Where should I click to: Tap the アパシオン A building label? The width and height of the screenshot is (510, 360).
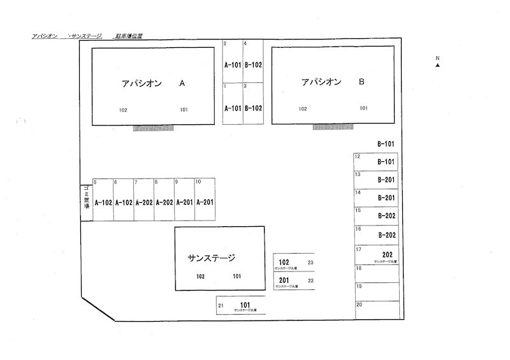tap(153, 83)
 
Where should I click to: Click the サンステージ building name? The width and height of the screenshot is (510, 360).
tap(212, 258)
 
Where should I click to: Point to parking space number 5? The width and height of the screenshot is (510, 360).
tap(103, 200)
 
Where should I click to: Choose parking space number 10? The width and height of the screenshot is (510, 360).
tap(204, 200)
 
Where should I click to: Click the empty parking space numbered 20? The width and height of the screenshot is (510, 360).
tap(377, 310)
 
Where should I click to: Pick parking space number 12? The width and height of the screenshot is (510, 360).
tap(377, 162)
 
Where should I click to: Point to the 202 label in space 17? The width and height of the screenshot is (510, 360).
tap(387, 254)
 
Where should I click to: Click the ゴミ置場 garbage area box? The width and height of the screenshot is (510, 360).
tap(85, 199)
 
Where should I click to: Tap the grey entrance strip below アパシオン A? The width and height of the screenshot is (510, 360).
tap(153, 128)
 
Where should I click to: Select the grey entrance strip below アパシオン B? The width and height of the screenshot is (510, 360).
tap(333, 127)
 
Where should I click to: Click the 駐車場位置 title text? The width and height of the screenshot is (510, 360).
tap(128, 36)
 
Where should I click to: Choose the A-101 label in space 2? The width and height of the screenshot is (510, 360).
tap(232, 64)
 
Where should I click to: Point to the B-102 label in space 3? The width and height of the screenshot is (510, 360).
tap(253, 108)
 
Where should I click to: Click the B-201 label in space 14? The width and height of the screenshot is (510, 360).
tap(386, 198)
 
